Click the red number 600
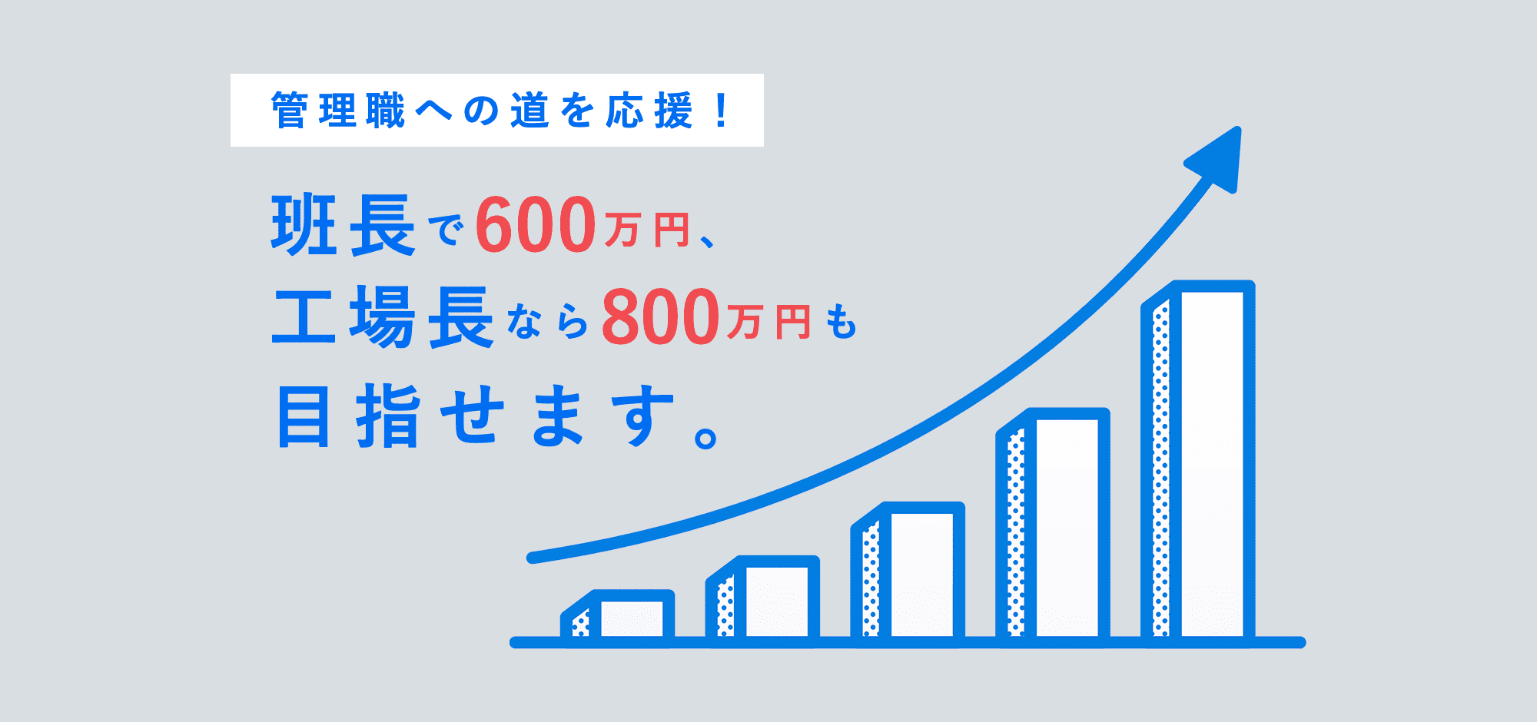536,224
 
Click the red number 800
661,316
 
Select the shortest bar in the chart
618,616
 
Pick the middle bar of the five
908,572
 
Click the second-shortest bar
762,599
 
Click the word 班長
344,225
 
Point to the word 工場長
382,317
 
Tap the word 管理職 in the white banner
338,111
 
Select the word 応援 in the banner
649,111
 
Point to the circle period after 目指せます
705,437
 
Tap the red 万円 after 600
647,231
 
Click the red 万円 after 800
768,323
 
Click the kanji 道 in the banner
530,111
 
